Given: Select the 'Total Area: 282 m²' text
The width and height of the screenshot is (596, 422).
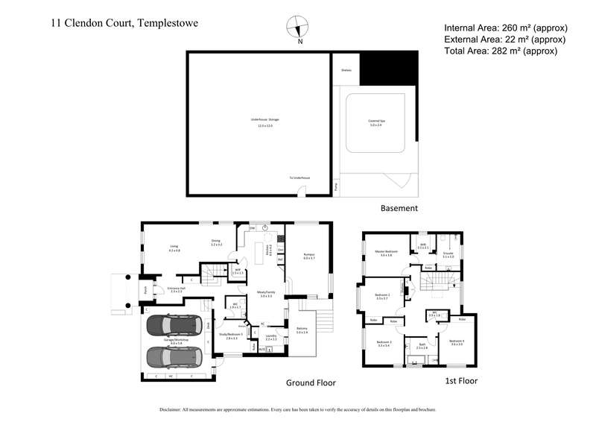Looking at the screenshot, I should [x=500, y=51].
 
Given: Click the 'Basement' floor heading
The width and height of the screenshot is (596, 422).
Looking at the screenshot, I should [x=399, y=208].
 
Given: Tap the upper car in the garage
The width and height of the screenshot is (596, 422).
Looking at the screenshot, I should [x=173, y=325].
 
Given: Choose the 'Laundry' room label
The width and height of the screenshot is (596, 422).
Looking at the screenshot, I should [x=270, y=336].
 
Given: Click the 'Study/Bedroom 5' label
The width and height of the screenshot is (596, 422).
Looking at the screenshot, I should [x=231, y=335].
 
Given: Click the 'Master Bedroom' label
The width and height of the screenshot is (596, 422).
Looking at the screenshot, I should [x=387, y=252].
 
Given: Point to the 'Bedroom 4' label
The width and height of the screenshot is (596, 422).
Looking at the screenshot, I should [x=456, y=341].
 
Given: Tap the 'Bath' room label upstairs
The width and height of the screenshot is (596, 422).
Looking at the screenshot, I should [x=422, y=345].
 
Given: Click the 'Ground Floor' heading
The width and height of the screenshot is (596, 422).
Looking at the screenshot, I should [x=311, y=382].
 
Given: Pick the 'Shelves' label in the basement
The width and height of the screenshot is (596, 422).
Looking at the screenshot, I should [x=346, y=71].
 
